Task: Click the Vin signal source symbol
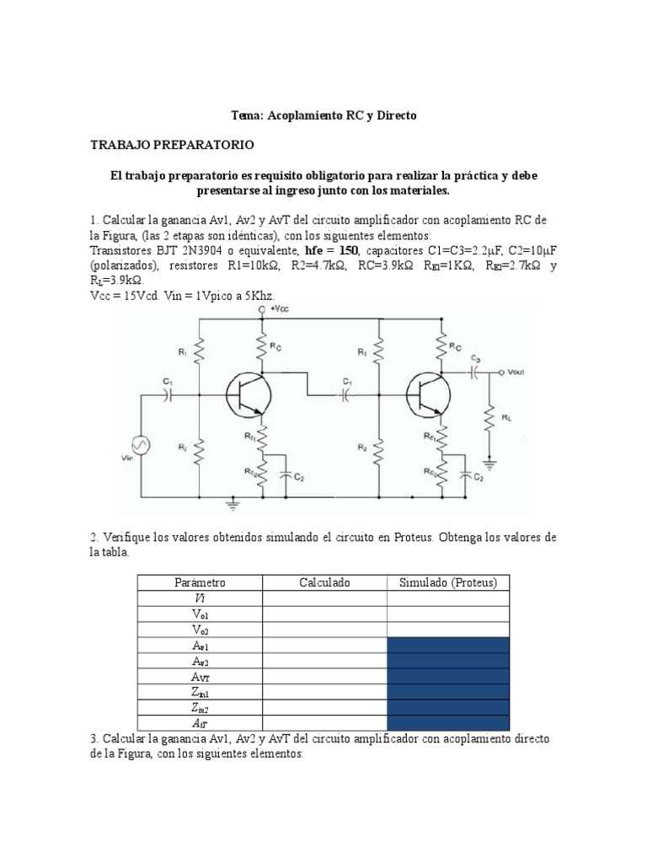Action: tap(139, 445)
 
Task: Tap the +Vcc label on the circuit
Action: tap(278, 310)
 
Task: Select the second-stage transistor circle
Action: tap(426, 394)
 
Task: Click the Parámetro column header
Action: tap(200, 582)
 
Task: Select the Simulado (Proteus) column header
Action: tap(448, 582)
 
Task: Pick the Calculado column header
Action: tap(324, 582)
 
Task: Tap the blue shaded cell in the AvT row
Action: tap(448, 676)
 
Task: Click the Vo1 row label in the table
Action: tap(200, 614)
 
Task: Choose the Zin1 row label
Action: tap(200, 692)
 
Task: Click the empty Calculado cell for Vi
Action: tap(324, 598)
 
